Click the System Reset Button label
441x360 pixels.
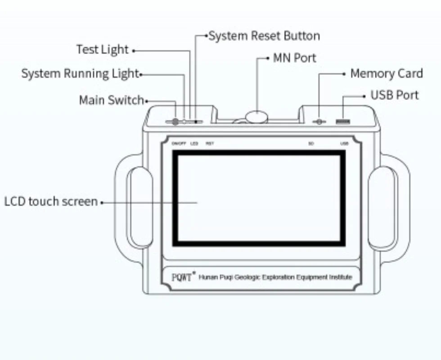pos(264,36)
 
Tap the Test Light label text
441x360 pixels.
pos(102,49)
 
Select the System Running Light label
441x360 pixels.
pos(80,73)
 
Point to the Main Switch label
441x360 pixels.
pos(111,100)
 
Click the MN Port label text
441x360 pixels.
pos(294,58)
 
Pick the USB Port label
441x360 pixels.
pos(394,95)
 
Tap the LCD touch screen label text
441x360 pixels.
pos(51,201)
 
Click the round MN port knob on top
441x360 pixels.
pos(256,117)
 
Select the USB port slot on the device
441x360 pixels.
pos(343,121)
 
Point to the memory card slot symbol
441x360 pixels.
pos(319,121)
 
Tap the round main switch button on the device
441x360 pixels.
pos(175,121)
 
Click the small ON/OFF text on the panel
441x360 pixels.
pos(179,144)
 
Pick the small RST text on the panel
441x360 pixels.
pos(210,144)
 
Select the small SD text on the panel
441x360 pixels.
pos(311,144)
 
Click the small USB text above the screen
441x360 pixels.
pos(344,144)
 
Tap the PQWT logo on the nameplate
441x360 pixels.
pos(182,277)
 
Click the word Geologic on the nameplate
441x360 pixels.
pos(247,277)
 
